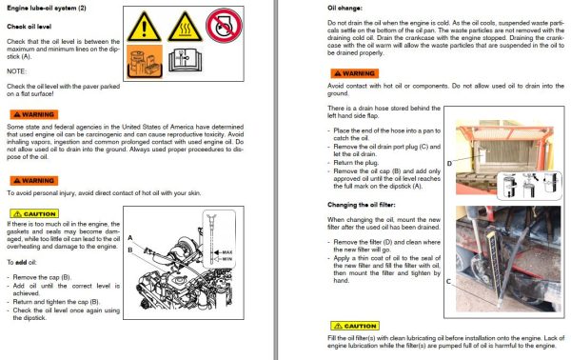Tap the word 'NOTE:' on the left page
pyautogui.click(x=17, y=70)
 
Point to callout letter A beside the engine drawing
pyautogui.click(x=130, y=237)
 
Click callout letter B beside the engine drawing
pyautogui.click(x=130, y=248)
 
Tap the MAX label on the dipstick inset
pyautogui.click(x=225, y=252)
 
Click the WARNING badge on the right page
pyautogui.click(x=350, y=72)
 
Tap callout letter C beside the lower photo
pyautogui.click(x=448, y=282)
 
